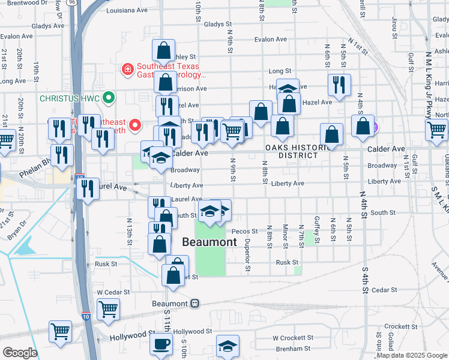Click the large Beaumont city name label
pyautogui.click(x=209, y=242)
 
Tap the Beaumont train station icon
pyautogui.click(x=195, y=304)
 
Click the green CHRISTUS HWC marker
pyautogui.click(x=108, y=97)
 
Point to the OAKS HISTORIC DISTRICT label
pyautogui.click(x=298, y=151)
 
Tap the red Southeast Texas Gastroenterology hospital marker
pyautogui.click(x=127, y=71)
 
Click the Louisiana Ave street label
pyautogui.click(x=126, y=11)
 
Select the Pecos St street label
pyautogui.click(x=246, y=231)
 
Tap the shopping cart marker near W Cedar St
pyautogui.click(x=109, y=310)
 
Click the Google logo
pyautogui.click(x=20, y=353)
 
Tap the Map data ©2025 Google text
pyautogui.click(x=411, y=355)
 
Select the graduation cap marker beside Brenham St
pyautogui.click(x=228, y=346)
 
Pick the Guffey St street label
pyautogui.click(x=318, y=229)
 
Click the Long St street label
pyautogui.click(x=279, y=71)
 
